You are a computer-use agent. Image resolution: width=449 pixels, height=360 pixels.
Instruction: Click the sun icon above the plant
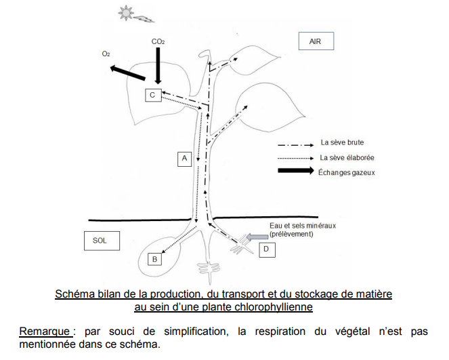pos(126,13)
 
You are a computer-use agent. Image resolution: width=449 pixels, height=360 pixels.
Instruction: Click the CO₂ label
pos(158,42)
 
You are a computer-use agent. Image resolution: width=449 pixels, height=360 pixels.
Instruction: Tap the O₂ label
pos(106,54)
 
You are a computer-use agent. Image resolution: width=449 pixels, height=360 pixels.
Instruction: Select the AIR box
pos(316,41)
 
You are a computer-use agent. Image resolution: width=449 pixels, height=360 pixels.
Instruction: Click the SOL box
pos(102,241)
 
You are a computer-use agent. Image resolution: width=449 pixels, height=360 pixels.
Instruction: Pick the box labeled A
pos(184,159)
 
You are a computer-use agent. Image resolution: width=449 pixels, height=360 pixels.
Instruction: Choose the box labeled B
pos(154,259)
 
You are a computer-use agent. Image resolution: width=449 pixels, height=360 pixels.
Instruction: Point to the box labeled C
pos(152,95)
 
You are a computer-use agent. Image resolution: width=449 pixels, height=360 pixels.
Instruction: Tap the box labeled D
pos(267,249)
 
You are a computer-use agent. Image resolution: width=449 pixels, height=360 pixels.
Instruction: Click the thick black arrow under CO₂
pos(158,66)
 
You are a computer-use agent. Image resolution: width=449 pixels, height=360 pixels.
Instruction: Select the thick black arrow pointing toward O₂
pos(128,73)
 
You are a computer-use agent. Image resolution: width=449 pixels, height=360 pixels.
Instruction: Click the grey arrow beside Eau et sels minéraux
pos(257,237)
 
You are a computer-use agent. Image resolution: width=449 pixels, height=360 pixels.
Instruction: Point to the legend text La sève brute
pos(342,142)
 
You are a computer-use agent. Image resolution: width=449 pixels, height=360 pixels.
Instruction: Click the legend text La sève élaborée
pos(347,158)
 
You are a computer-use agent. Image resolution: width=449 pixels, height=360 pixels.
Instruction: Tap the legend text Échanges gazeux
pos(347,173)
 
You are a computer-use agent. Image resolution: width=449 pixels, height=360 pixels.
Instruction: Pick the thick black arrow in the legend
pos(296,171)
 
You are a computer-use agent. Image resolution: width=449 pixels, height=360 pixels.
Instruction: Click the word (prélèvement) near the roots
pos(291,234)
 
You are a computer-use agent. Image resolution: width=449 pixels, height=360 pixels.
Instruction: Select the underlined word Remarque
pos(45,332)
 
